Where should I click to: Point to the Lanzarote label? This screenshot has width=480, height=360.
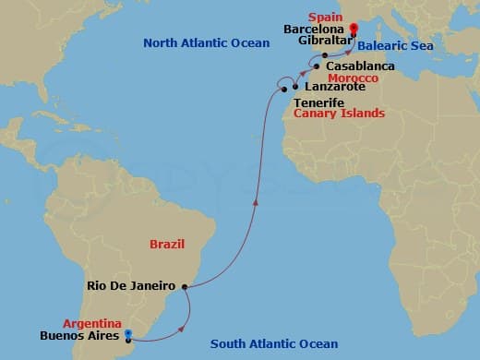(x=333, y=87)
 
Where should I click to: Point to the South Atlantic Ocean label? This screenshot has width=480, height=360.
(x=274, y=344)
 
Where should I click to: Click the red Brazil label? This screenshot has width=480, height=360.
(x=167, y=244)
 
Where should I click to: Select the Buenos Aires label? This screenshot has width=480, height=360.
(x=81, y=337)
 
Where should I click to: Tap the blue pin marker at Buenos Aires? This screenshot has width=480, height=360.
(x=127, y=336)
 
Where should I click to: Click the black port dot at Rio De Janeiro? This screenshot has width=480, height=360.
(x=186, y=287)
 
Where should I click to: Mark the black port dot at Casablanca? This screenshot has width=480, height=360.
(x=317, y=67)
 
